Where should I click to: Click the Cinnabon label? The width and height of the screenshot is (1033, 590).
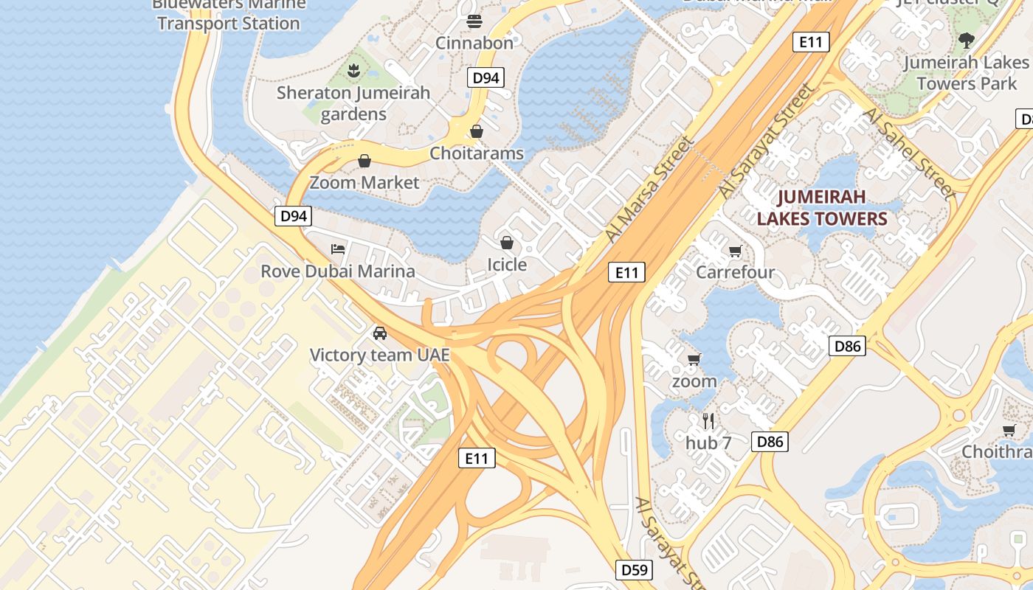(474, 43)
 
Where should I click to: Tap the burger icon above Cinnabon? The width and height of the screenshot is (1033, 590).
(474, 21)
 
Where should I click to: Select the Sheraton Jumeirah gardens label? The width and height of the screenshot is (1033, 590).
(353, 103)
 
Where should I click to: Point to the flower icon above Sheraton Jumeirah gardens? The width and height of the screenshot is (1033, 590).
(353, 71)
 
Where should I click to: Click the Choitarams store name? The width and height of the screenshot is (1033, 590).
(477, 153)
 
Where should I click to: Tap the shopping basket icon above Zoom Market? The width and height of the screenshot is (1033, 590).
(364, 161)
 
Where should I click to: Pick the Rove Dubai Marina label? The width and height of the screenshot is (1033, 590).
(338, 271)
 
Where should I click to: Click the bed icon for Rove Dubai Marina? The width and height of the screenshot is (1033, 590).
(338, 249)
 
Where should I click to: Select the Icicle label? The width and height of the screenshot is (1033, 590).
(507, 264)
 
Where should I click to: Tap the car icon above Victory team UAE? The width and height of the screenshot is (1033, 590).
(380, 333)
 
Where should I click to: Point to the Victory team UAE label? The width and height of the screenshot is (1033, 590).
(379, 355)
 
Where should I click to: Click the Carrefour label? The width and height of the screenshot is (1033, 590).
(736, 272)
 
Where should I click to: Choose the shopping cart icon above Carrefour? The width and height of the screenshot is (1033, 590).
(735, 251)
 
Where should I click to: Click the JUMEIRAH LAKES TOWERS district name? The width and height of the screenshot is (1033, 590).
(821, 208)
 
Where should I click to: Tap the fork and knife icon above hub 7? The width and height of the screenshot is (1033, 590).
(708, 421)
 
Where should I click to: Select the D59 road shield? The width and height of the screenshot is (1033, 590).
(634, 569)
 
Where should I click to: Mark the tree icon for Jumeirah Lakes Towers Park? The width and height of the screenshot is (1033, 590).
(966, 41)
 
